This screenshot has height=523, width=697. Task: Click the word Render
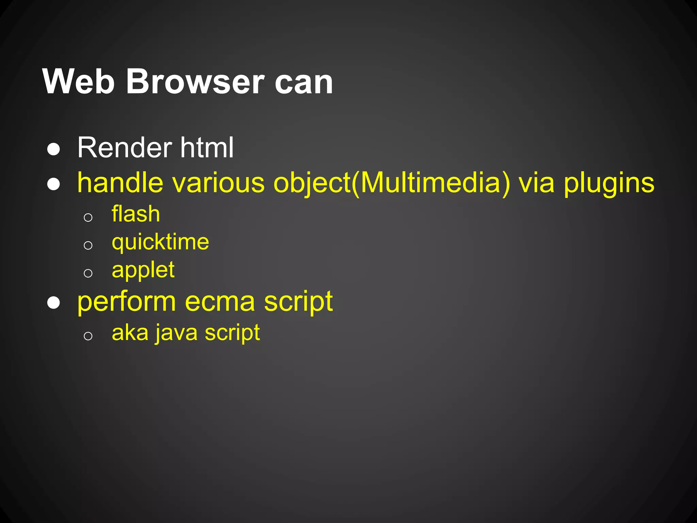click(x=125, y=147)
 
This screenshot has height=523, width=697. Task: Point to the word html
click(x=207, y=147)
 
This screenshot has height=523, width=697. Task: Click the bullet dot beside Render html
click(x=54, y=149)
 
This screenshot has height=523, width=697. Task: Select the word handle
click(x=120, y=183)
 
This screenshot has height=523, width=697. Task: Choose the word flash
click(x=136, y=214)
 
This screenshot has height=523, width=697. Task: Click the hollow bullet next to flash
click(x=88, y=217)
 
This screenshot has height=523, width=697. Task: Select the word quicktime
click(x=160, y=243)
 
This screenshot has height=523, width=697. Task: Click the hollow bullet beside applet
click(x=88, y=273)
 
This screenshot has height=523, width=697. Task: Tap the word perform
click(x=127, y=302)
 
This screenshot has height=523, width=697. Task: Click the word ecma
click(x=220, y=302)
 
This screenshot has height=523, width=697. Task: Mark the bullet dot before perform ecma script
click(x=54, y=302)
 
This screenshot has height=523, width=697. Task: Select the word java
click(x=177, y=333)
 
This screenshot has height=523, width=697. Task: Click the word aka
click(x=130, y=333)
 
